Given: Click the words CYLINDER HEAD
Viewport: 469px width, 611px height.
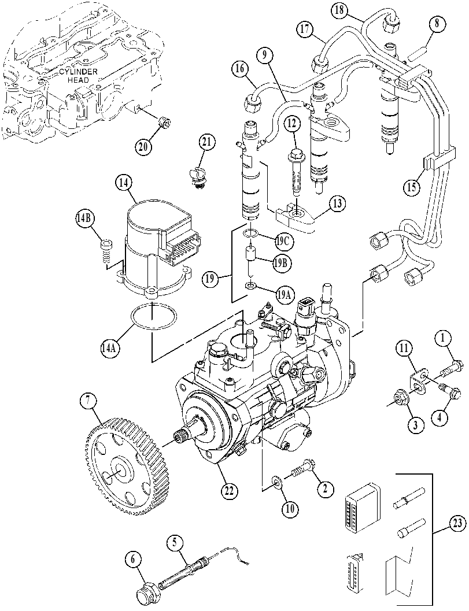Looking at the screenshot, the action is (x=75, y=76).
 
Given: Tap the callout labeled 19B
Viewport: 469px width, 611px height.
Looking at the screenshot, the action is (x=282, y=262).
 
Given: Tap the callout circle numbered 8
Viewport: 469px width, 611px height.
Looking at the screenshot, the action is (x=436, y=24).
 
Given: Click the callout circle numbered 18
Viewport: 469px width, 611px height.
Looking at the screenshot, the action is (x=340, y=11).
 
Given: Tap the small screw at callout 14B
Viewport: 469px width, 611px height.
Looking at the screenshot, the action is (x=106, y=251).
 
